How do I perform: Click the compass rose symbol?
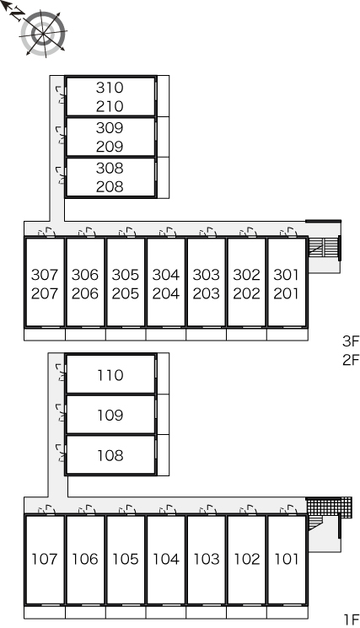43,33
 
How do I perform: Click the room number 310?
110,88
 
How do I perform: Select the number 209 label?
110,147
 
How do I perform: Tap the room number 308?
110,169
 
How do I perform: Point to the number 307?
45,275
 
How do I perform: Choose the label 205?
126,293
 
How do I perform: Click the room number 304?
166,275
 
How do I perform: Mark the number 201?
287,293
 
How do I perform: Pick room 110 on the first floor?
110,375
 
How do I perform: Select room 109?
110,416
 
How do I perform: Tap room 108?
110,455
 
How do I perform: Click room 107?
45,559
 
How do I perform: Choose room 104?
166,559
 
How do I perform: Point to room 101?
287,559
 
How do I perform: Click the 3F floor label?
351,341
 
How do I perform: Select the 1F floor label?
352,620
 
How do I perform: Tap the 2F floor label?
351,360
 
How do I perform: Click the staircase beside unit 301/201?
324,246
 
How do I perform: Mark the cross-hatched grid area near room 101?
329,507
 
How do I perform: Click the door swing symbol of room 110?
62,372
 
